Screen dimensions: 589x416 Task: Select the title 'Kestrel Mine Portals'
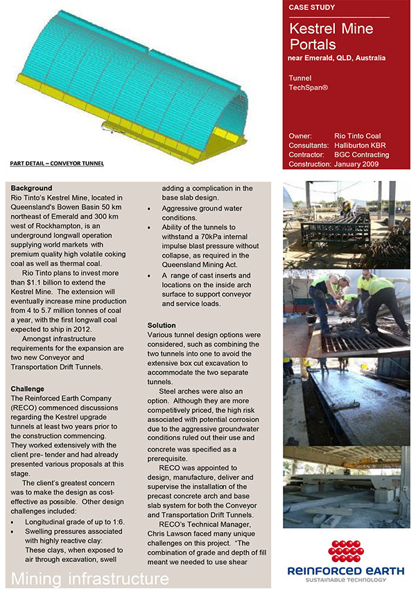tap(331, 36)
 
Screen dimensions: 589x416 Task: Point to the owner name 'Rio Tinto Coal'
tap(357, 136)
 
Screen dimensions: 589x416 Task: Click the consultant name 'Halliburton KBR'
tap(362, 146)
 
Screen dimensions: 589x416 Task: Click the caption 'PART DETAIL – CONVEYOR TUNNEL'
tap(57, 164)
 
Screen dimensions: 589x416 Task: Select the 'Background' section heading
tap(31, 188)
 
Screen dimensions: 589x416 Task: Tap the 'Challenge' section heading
tap(28, 389)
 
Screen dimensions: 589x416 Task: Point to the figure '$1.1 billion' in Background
tap(44, 283)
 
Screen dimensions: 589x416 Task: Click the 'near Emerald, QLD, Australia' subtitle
tap(336, 58)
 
